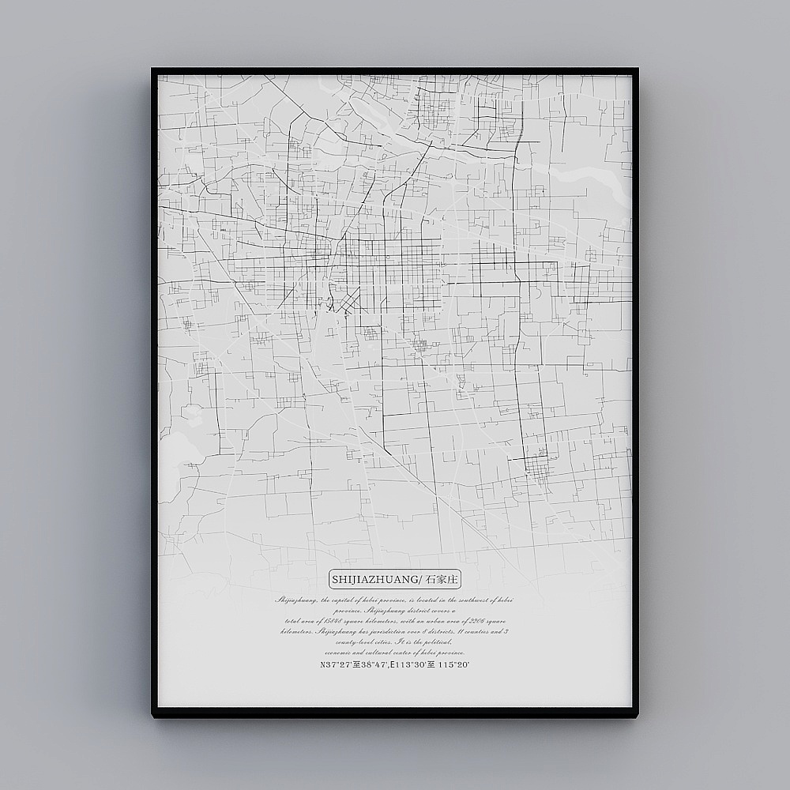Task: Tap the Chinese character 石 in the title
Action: pyautogui.click(x=431, y=580)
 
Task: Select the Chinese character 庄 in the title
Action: pyautogui.click(x=453, y=580)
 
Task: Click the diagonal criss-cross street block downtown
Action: pyautogui.click(x=347, y=300)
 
